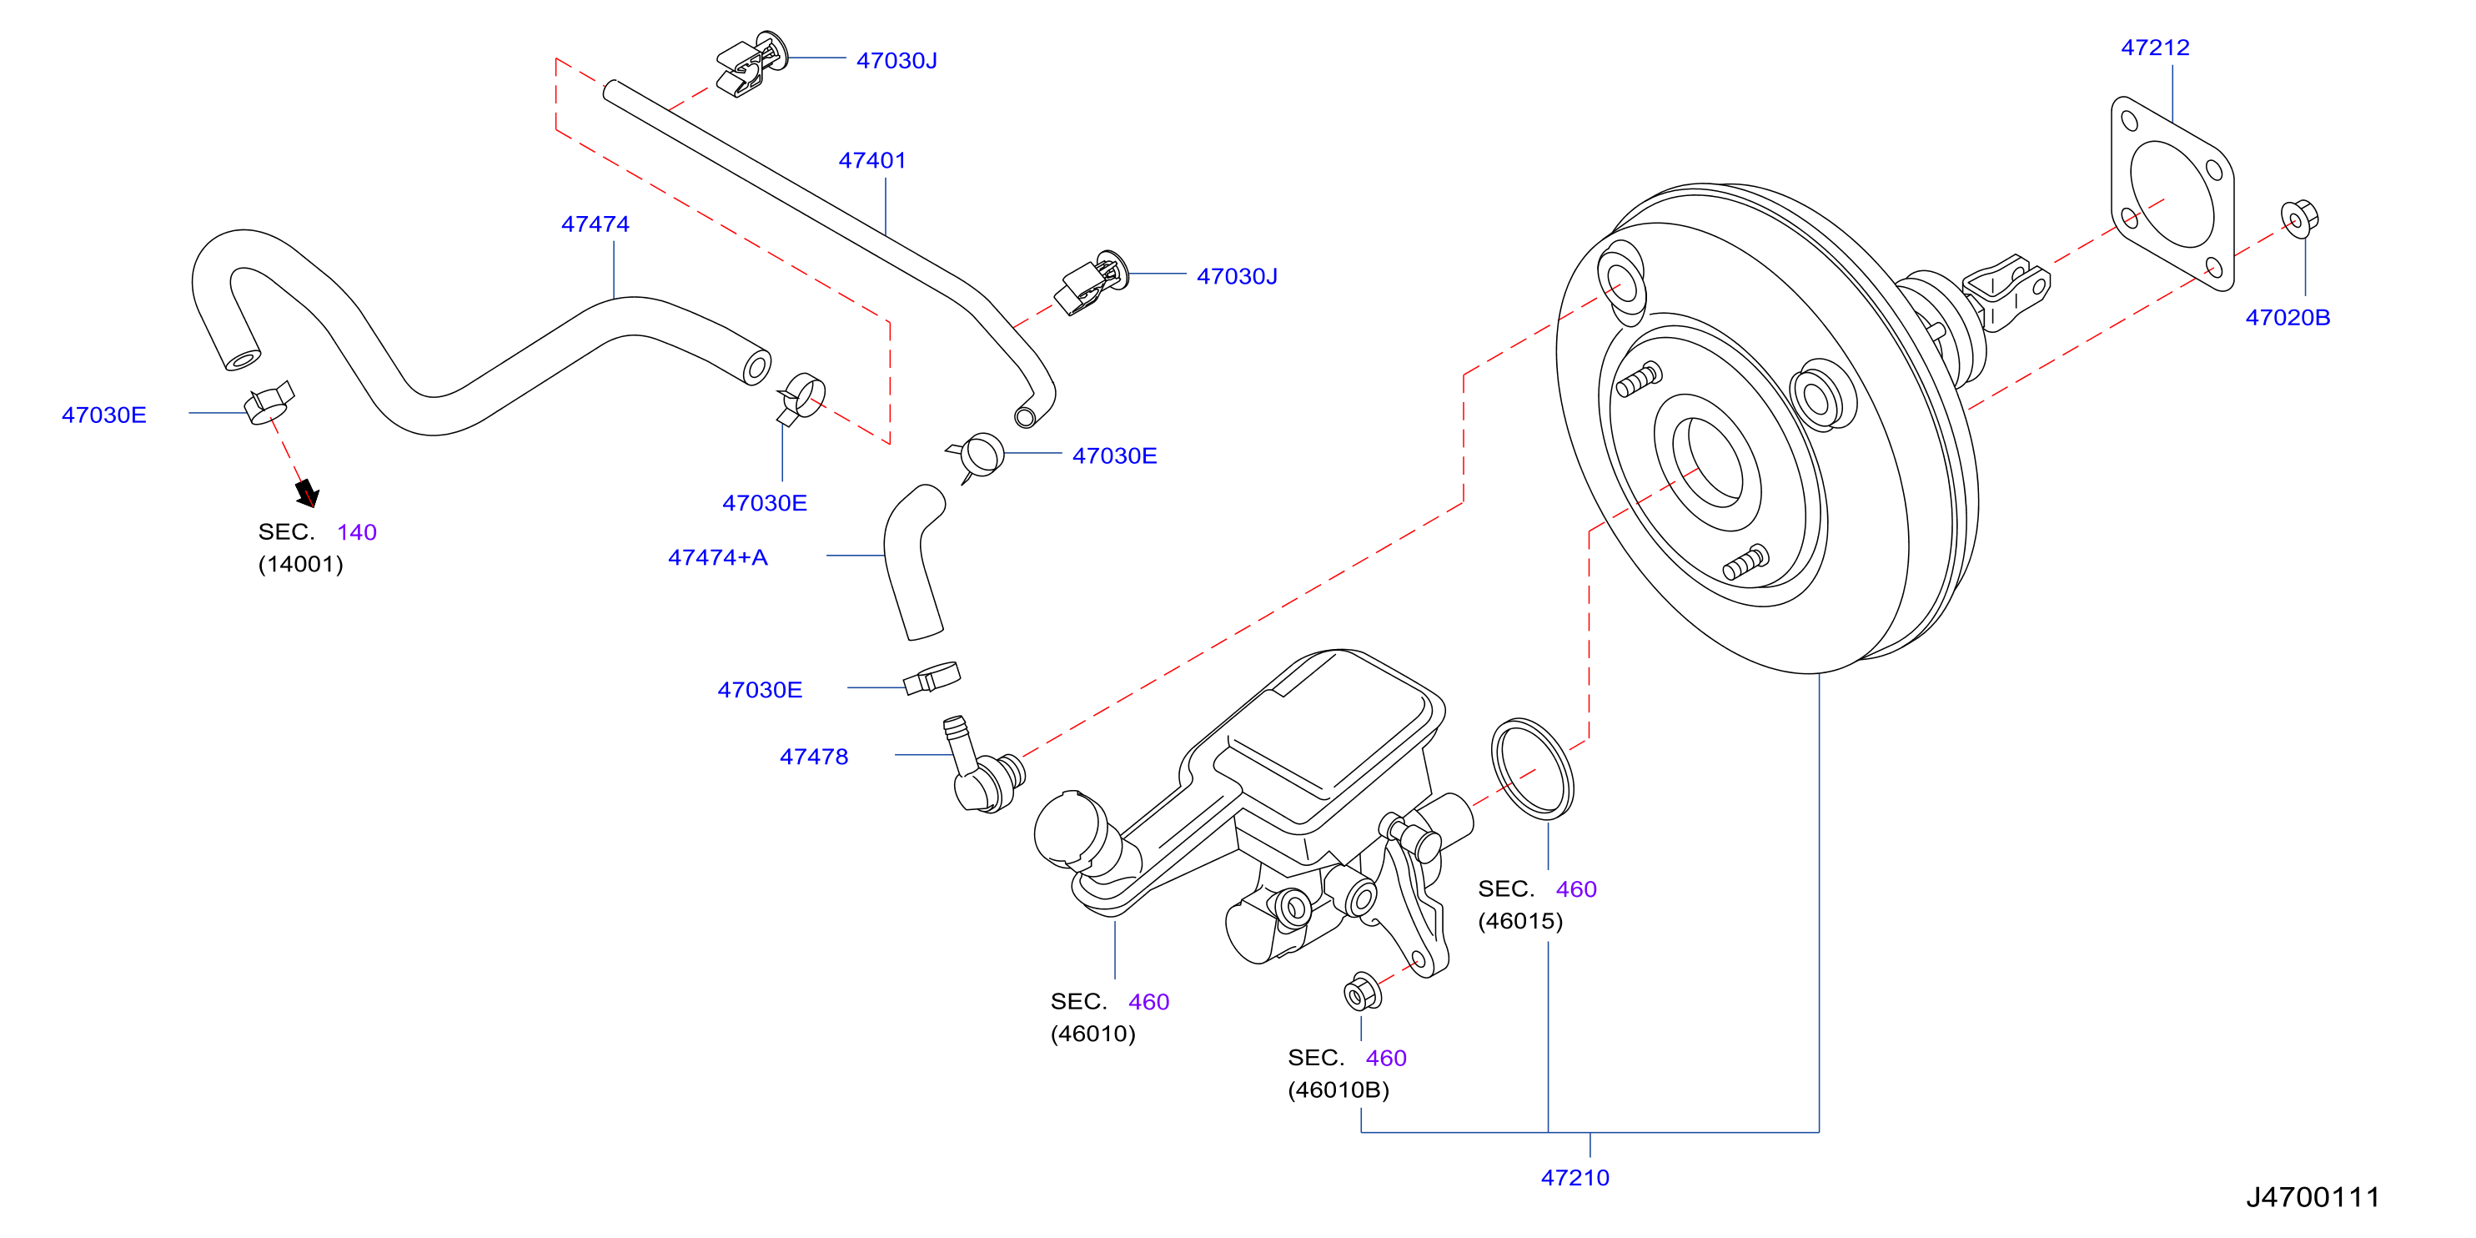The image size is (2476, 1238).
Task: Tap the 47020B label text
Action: point(2288,317)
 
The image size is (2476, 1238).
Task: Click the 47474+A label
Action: point(718,557)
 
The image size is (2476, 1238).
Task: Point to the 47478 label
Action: point(814,757)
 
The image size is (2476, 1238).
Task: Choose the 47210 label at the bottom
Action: point(1575,1177)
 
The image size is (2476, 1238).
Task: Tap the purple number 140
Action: point(357,532)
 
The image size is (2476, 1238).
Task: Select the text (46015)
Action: point(1520,921)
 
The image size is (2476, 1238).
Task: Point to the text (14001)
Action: point(301,564)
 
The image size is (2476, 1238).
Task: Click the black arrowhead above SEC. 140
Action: point(308,494)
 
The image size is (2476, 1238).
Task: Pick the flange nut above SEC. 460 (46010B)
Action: point(1363,992)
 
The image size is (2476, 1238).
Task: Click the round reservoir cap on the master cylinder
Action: point(1072,828)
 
